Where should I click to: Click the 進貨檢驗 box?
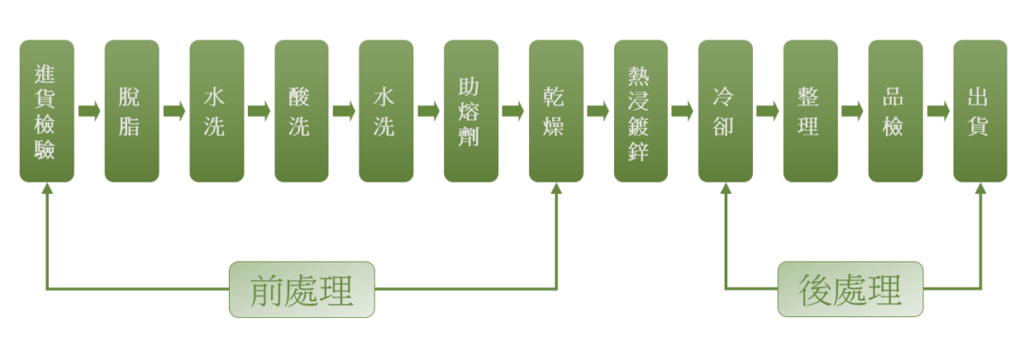(x=46, y=111)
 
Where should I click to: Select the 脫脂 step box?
(x=131, y=111)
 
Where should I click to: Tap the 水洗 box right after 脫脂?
(x=216, y=111)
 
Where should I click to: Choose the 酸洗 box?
(x=301, y=111)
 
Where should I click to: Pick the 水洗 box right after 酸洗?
(x=386, y=111)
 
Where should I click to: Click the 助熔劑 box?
(x=471, y=111)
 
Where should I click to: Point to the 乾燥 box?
(x=556, y=111)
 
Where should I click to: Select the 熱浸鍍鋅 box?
(x=641, y=111)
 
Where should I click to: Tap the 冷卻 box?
(x=725, y=111)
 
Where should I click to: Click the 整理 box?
(x=810, y=111)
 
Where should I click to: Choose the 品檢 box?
(x=895, y=111)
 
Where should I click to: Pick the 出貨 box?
(x=980, y=111)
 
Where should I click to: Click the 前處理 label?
(x=302, y=290)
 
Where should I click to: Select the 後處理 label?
(x=851, y=290)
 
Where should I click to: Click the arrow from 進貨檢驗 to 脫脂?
(x=89, y=111)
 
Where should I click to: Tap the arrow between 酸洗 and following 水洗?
(x=344, y=111)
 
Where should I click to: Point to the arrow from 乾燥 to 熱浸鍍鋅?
(x=599, y=111)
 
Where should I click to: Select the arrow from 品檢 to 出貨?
(x=938, y=111)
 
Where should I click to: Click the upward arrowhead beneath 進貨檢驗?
(x=46, y=189)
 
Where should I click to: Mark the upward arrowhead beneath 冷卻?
(x=725, y=189)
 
